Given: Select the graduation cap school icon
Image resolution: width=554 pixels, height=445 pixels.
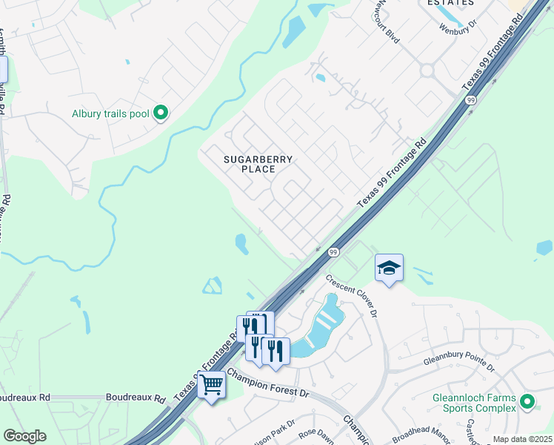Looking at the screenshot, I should coord(390,268).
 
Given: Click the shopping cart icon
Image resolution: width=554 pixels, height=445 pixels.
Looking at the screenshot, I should coord(212,385).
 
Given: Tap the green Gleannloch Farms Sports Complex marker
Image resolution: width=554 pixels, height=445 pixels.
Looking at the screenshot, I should coord(527,402).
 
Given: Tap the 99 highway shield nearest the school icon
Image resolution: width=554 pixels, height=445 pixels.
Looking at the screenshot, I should coord(333,253).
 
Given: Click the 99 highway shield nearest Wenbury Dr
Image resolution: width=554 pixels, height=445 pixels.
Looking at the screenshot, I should coord(470,100).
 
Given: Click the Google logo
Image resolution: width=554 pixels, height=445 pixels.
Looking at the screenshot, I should coord(24,435).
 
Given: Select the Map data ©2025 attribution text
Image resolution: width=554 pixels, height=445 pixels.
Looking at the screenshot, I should coord(521,439).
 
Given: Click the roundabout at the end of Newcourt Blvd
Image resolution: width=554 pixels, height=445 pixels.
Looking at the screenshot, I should coord(427,71).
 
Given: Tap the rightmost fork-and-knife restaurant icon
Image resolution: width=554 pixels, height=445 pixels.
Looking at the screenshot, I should coord(276,350).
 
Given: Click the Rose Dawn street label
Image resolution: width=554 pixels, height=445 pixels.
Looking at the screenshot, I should coord(317,434).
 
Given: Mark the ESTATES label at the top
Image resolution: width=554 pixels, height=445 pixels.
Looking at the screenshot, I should coord(450,3).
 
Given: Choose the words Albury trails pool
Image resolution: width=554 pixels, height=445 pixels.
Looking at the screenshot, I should coord(110,113).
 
